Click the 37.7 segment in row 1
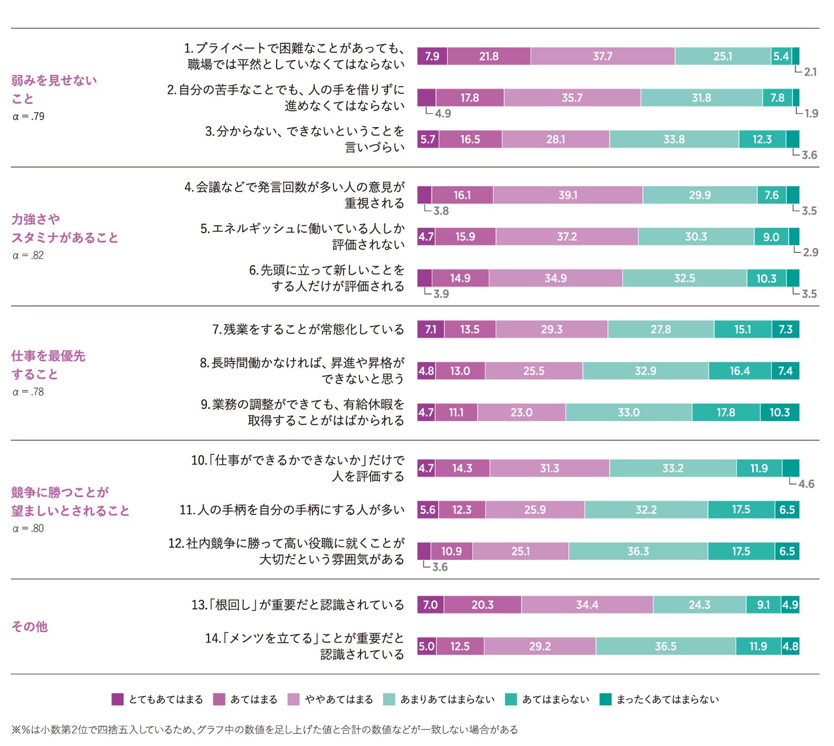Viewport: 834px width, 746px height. pyautogui.click(x=602, y=56)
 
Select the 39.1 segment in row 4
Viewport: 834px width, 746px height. pyautogui.click(x=567, y=195)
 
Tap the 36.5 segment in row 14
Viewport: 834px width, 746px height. pyautogui.click(x=665, y=646)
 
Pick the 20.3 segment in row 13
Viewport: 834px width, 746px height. pyautogui.click(x=482, y=605)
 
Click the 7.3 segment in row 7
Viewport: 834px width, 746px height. pyautogui.click(x=785, y=329)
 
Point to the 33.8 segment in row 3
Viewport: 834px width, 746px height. pyautogui.click(x=674, y=139)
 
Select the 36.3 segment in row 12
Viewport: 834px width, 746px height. pyautogui.click(x=638, y=551)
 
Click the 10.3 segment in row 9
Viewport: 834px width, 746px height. pyautogui.click(x=779, y=412)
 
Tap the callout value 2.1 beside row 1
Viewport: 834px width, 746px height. pyautogui.click(x=810, y=72)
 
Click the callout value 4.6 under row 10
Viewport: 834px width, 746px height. pyautogui.click(x=806, y=484)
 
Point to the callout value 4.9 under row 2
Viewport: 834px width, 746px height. pyautogui.click(x=443, y=114)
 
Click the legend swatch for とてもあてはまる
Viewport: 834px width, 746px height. pyautogui.click(x=117, y=699)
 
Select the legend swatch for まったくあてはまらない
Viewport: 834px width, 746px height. pyautogui.click(x=606, y=699)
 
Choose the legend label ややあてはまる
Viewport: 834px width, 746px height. pyautogui.click(x=338, y=700)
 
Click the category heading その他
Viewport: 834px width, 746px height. pyautogui.click(x=30, y=627)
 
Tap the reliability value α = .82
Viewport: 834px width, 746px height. pyautogui.click(x=28, y=255)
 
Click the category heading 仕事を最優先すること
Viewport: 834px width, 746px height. pyautogui.click(x=48, y=365)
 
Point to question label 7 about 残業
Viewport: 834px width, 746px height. pyautogui.click(x=308, y=329)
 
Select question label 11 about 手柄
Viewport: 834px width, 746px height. pyautogui.click(x=291, y=509)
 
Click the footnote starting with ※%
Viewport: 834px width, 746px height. pyautogui.click(x=264, y=729)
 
